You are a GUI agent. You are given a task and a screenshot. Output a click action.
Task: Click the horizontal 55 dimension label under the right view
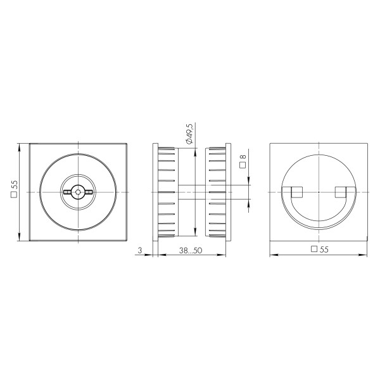tap(324, 250)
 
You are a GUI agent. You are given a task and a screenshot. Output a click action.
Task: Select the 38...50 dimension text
tap(190, 250)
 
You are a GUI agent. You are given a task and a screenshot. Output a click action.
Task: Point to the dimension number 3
tap(139, 250)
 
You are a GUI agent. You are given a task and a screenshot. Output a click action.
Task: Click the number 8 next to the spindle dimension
tap(243, 155)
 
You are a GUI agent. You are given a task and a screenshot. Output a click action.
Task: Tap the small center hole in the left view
tap(77, 191)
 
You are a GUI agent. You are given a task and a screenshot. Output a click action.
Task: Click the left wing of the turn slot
tap(67, 191)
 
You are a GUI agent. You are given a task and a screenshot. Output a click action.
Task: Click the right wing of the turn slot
tap(88, 191)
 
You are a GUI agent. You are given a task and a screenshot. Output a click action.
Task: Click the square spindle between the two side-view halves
tap(191, 191)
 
